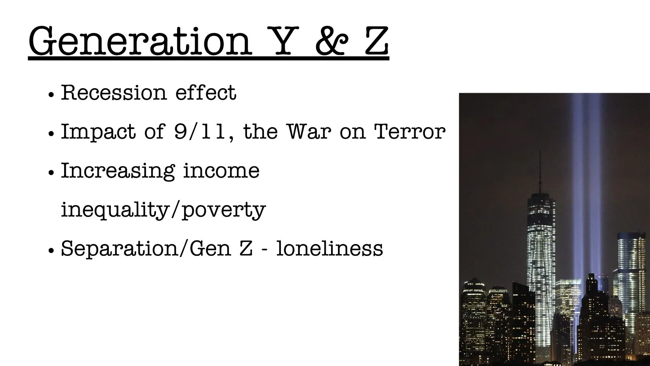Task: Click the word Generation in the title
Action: click(140, 41)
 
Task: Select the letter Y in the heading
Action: click(283, 41)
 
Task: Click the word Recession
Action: click(114, 93)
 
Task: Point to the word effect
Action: click(206, 93)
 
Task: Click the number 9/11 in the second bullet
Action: click(200, 132)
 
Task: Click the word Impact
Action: click(98, 132)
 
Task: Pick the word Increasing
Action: click(118, 171)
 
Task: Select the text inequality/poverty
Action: click(163, 210)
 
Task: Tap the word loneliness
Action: click(329, 248)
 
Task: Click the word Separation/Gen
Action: click(146, 249)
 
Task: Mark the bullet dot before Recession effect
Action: click(51, 95)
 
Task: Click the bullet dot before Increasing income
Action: click(51, 172)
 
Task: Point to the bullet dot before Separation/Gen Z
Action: click(51, 250)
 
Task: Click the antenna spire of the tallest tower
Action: click(540, 171)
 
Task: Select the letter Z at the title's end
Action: click(376, 41)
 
